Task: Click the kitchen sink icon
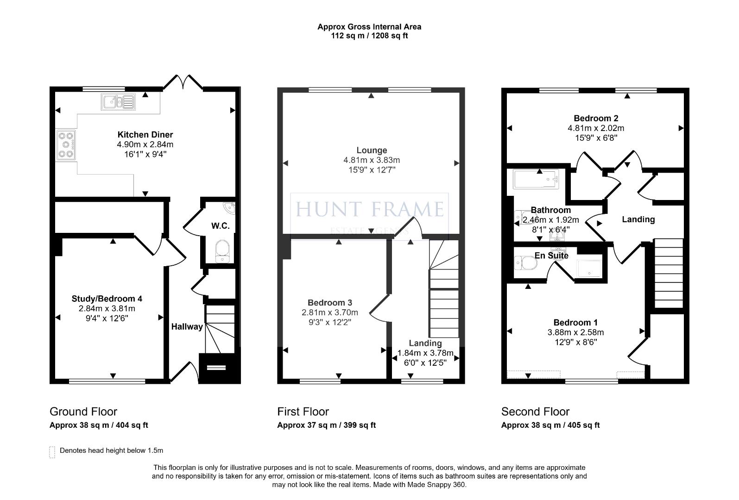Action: coord(118,102)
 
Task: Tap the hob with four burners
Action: coord(66,145)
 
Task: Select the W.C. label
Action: coord(220,226)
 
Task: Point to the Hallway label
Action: coord(187,326)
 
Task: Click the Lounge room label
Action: coord(372,150)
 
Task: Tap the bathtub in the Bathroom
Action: coord(536,179)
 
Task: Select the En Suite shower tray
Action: coord(589,269)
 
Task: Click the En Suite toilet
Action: coord(526,263)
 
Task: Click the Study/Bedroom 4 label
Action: coord(107,299)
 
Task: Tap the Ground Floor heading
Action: coord(83,412)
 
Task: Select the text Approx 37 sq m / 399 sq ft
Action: coord(326,425)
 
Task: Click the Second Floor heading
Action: coord(535,412)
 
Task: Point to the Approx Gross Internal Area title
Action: coord(369,27)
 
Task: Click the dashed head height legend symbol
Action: coord(52,452)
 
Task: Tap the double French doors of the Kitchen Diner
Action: coord(183,82)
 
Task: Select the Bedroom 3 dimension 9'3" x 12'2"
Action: coord(329,322)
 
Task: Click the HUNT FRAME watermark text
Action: coord(369,209)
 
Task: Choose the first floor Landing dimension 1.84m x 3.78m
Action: coord(425,353)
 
